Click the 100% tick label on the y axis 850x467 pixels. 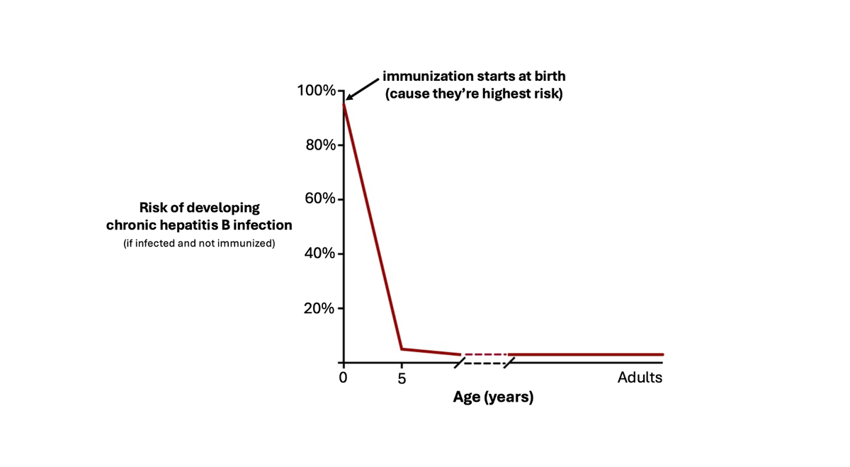(x=316, y=91)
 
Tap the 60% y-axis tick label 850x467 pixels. (x=319, y=199)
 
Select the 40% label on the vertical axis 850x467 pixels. (x=319, y=254)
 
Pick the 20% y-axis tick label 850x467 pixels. (x=319, y=308)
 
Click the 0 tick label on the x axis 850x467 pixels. (x=344, y=378)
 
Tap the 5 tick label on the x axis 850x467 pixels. (x=402, y=378)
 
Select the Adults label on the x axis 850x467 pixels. (x=640, y=377)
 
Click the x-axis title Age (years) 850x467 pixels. (x=493, y=398)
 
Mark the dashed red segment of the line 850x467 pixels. (x=485, y=354)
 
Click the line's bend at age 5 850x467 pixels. (x=402, y=349)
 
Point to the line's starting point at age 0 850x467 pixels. (x=344, y=103)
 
